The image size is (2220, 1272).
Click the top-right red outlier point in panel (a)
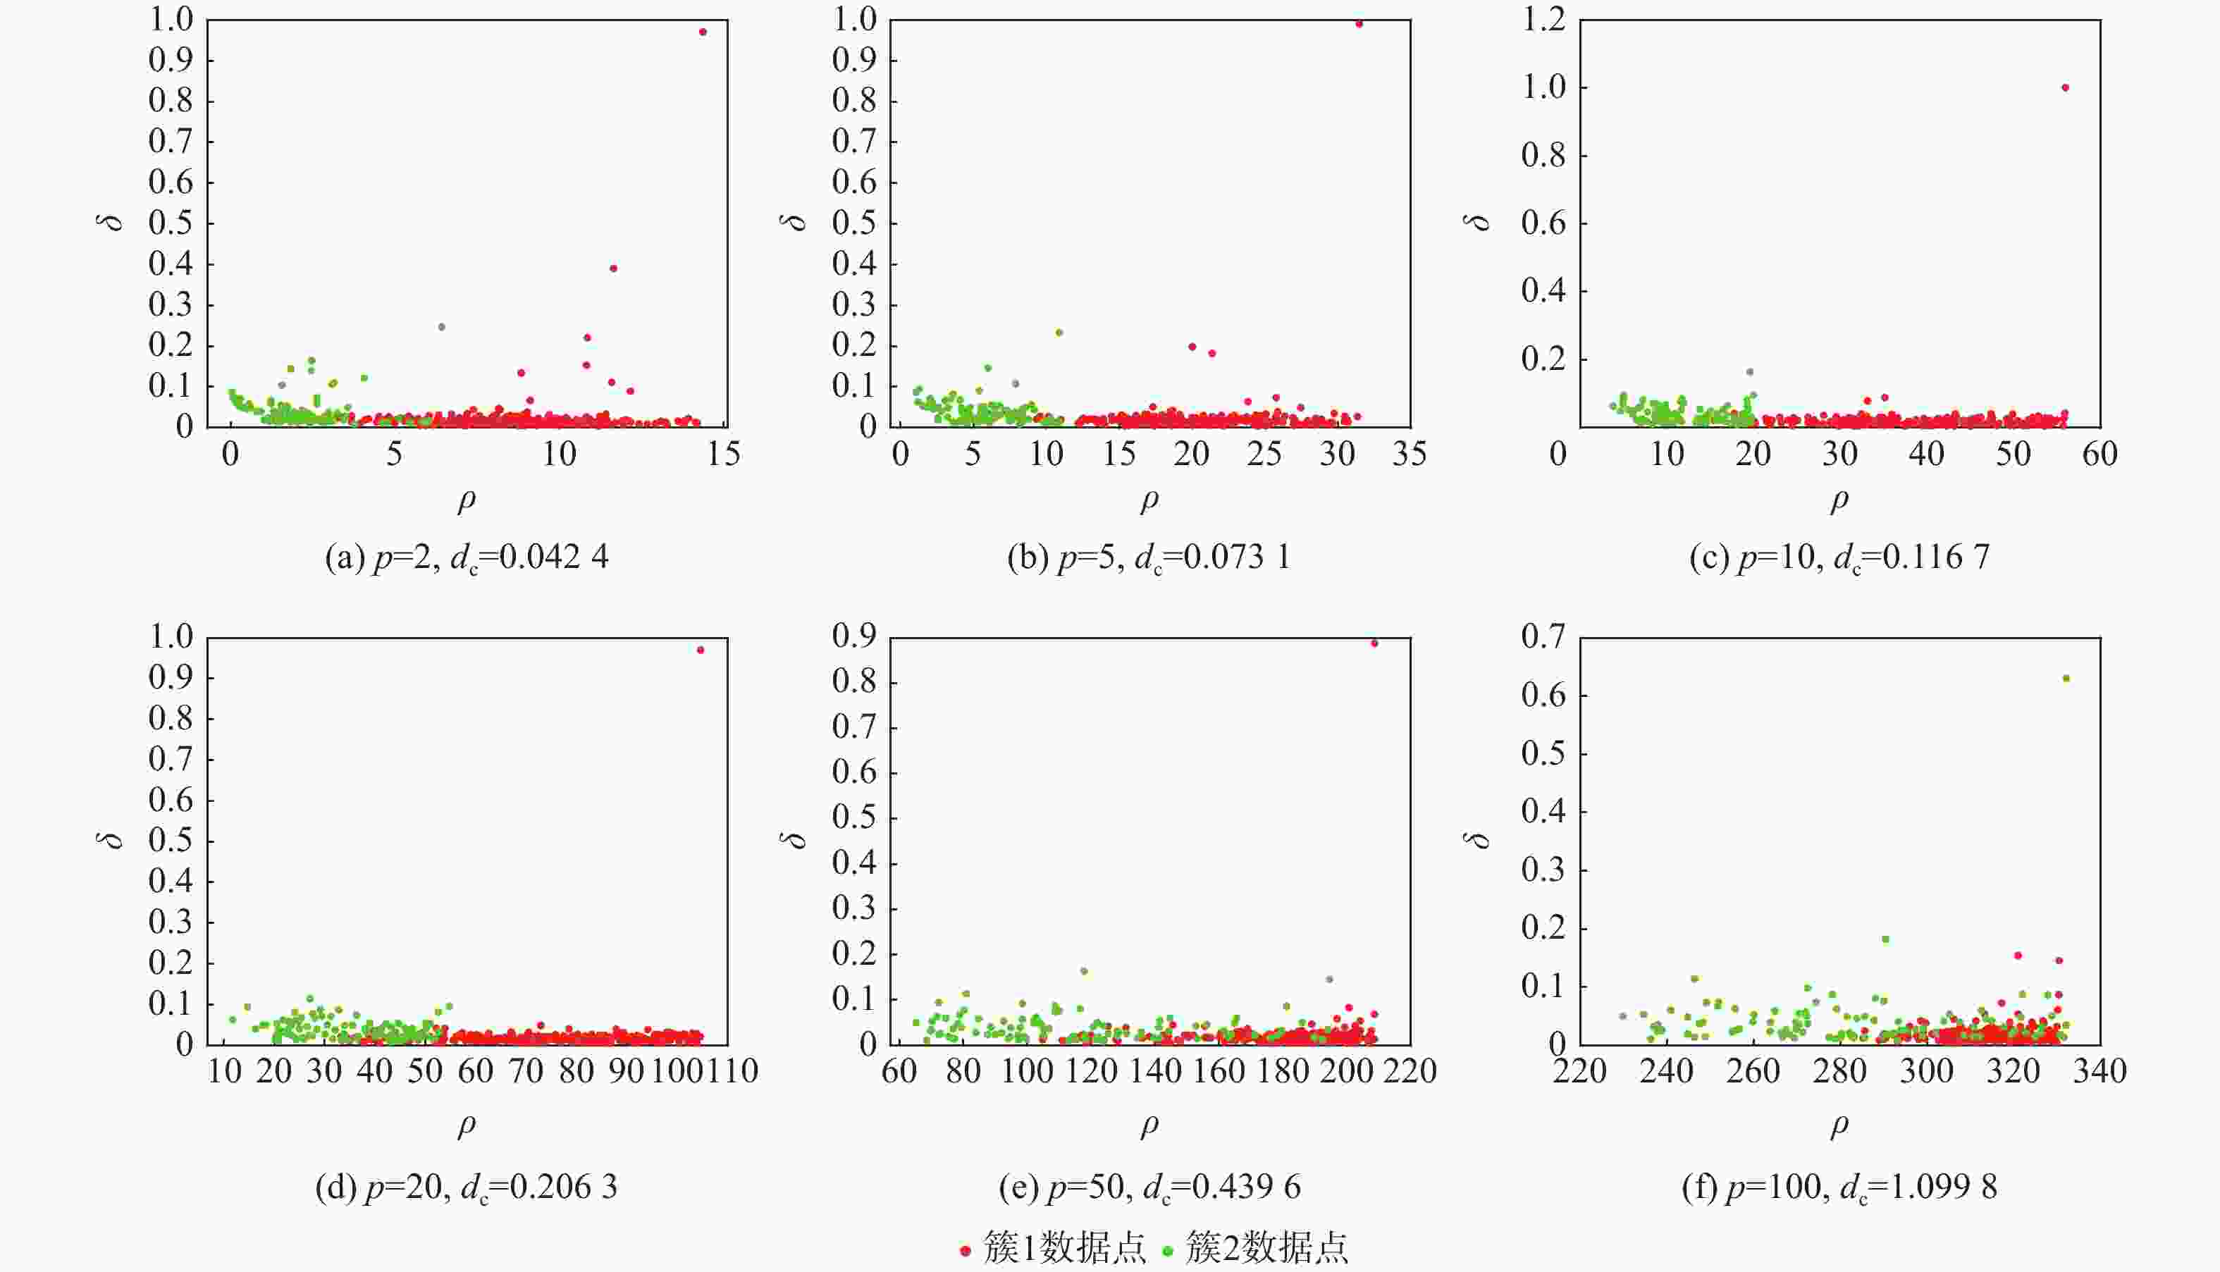[x=703, y=32]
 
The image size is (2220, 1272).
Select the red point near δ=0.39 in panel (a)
[x=613, y=268]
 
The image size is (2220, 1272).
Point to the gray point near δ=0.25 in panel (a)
[x=441, y=327]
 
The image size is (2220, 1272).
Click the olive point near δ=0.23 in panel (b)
[x=1059, y=333]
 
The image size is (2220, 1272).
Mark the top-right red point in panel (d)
[x=701, y=650]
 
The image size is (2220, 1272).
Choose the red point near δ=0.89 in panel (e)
[x=1374, y=643]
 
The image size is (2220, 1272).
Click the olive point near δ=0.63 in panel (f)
[x=2066, y=678]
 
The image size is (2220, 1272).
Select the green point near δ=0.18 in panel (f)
[x=1885, y=939]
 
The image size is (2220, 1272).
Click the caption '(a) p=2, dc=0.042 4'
[x=467, y=557]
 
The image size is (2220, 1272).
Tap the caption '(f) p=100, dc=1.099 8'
[x=1839, y=1187]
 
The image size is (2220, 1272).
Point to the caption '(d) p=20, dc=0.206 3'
[x=467, y=1187]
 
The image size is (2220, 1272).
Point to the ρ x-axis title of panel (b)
[x=1149, y=500]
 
